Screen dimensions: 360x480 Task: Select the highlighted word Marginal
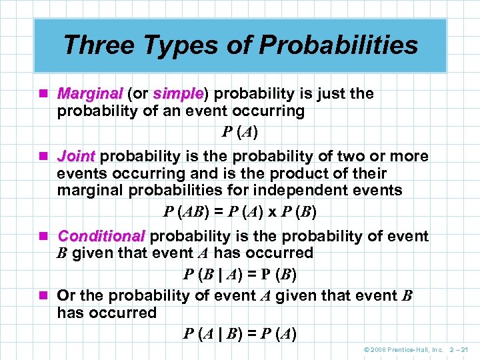90,94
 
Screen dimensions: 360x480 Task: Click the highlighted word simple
177,94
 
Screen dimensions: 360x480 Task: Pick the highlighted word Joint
77,157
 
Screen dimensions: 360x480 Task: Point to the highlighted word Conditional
101,237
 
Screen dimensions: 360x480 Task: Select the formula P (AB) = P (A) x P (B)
240,212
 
